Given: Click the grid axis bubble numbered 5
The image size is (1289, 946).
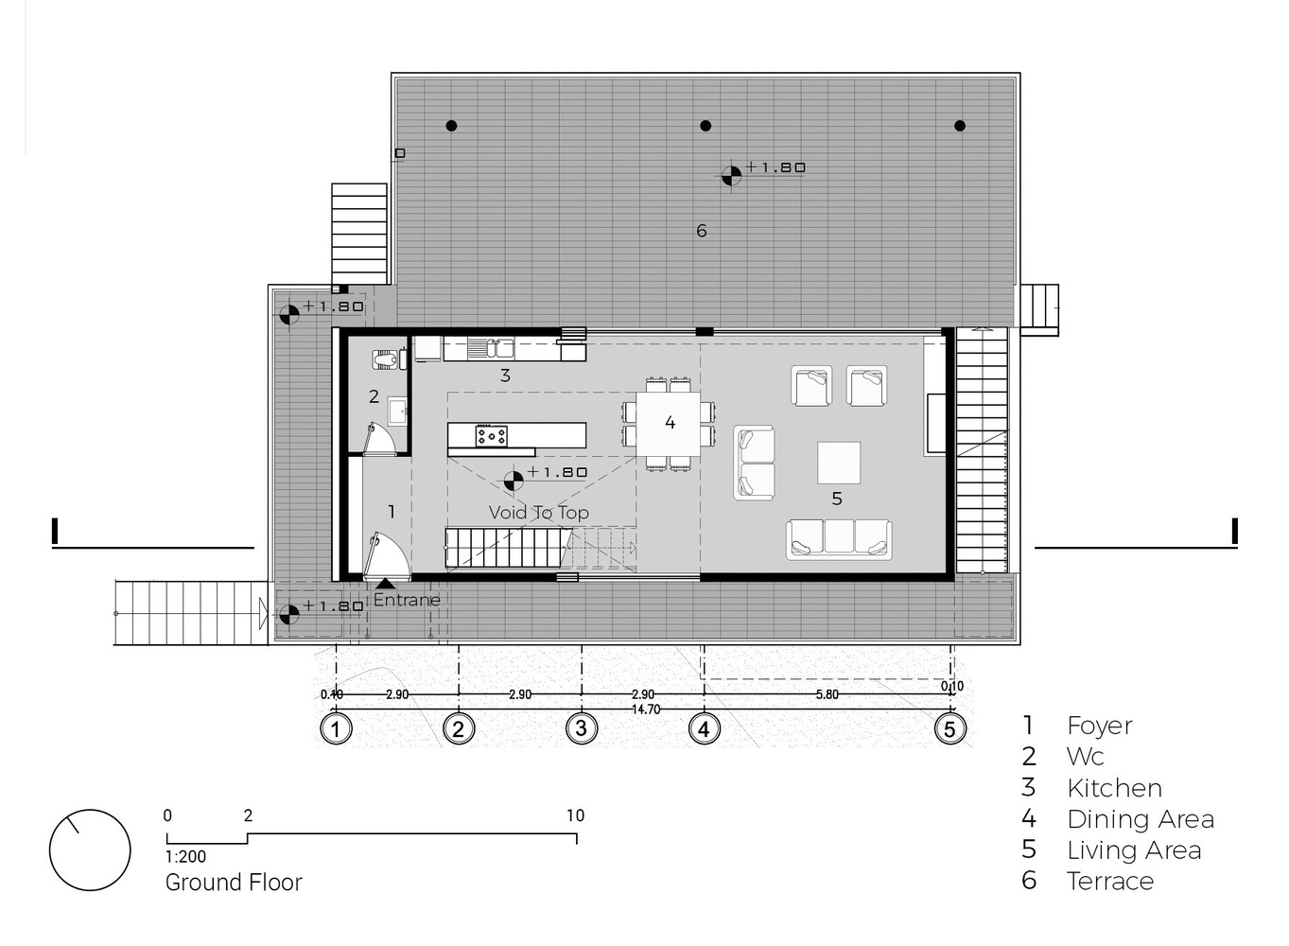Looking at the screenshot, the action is click(949, 729).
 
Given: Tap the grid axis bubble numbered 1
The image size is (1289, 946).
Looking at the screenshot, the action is click(336, 729).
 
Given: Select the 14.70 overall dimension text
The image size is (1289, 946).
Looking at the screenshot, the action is click(646, 709).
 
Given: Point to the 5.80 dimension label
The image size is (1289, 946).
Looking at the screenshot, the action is click(827, 694).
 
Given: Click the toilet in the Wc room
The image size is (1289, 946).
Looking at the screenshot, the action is click(384, 359).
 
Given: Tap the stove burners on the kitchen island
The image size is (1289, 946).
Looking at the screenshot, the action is click(492, 436).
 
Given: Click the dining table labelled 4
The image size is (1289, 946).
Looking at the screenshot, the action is click(668, 424).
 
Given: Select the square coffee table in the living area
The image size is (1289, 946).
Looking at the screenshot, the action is click(839, 463).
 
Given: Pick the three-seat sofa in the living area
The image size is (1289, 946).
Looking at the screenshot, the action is click(839, 539).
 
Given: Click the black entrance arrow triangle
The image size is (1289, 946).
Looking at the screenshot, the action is click(385, 584).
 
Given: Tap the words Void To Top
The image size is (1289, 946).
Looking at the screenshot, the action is click(539, 513).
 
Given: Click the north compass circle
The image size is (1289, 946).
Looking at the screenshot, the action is click(90, 850).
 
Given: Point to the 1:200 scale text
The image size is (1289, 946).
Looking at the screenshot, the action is click(185, 857).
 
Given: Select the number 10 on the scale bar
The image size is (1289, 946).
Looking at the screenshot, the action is click(575, 815).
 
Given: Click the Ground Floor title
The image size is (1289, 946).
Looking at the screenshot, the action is click(234, 883).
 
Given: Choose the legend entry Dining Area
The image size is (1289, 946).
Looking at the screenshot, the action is click(1141, 819).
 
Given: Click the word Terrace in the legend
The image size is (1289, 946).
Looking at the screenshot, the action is click(1110, 882).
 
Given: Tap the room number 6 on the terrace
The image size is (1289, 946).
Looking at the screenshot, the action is click(701, 231).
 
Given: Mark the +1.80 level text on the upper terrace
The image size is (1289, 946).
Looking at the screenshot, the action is click(775, 167).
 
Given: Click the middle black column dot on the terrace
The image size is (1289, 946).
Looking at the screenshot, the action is click(705, 126).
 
